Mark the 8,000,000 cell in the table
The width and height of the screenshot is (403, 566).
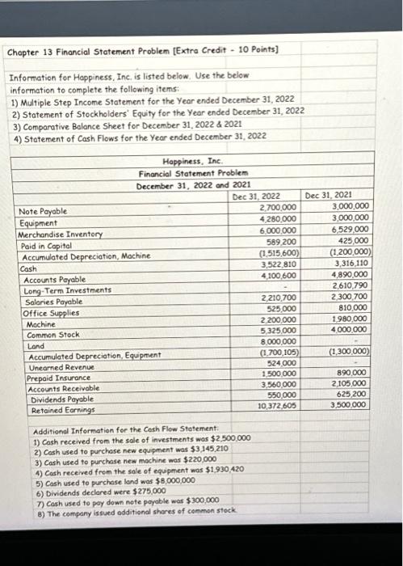(x=276, y=341)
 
